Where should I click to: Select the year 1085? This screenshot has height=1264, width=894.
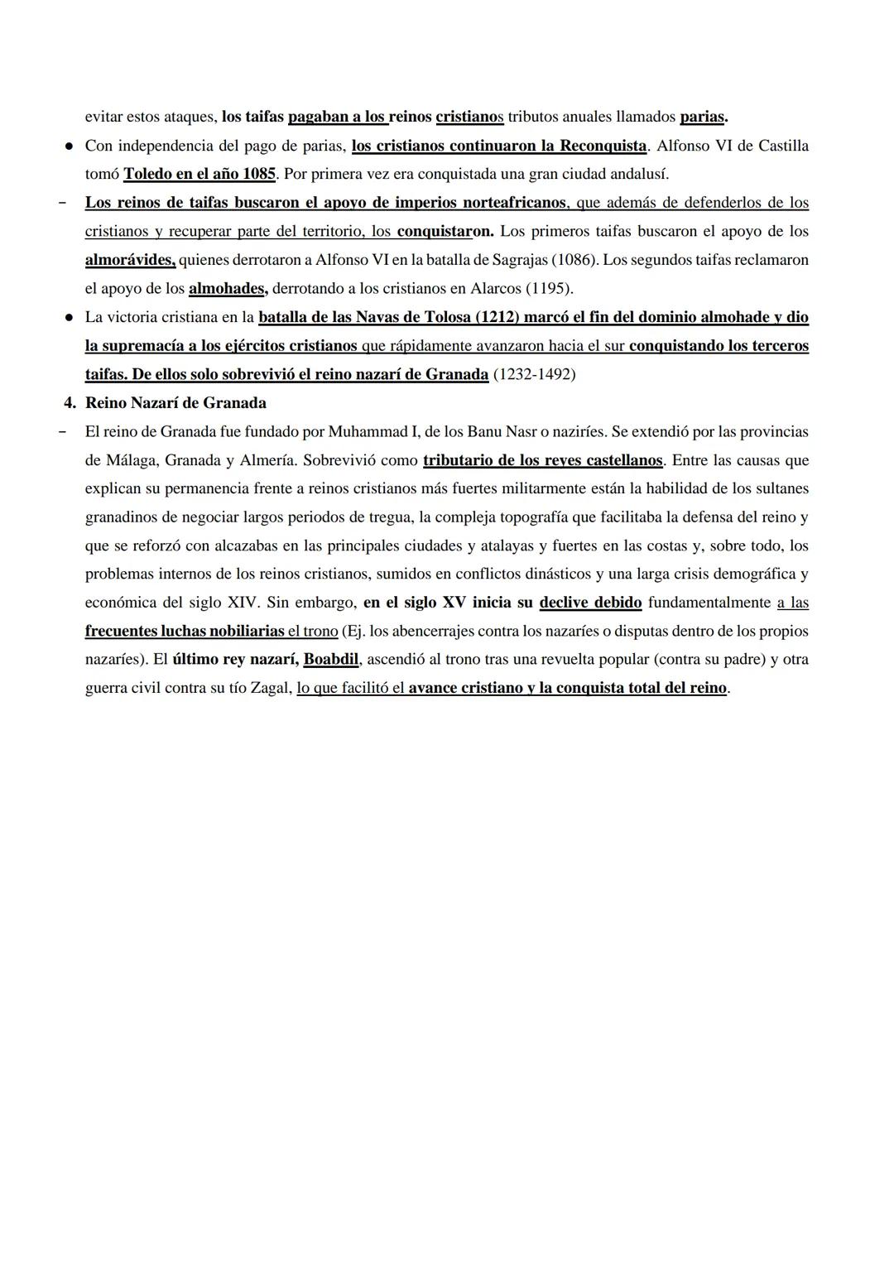[x=253, y=175]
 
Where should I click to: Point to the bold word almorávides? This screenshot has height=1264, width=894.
[x=129, y=260]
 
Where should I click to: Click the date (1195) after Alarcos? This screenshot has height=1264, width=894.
[x=549, y=289]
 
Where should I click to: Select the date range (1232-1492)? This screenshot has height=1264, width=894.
[x=534, y=374]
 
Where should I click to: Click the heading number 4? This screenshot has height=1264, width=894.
[x=69, y=403]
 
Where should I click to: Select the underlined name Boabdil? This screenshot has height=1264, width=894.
[x=331, y=660]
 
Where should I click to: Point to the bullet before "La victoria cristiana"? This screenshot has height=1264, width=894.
[x=70, y=318]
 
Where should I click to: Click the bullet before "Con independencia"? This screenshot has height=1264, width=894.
[x=70, y=147]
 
